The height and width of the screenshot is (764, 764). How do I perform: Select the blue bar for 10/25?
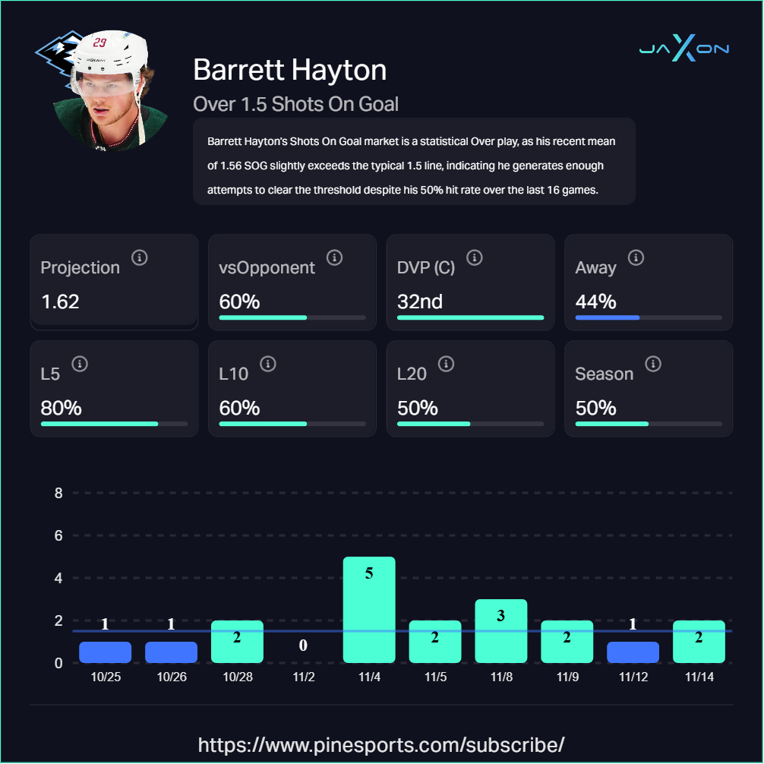click(x=105, y=652)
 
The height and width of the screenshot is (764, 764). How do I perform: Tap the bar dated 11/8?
click(x=500, y=630)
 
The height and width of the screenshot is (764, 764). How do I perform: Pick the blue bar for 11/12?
click(x=633, y=652)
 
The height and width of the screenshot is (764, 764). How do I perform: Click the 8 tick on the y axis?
click(x=58, y=493)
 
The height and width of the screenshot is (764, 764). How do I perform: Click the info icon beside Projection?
click(x=139, y=258)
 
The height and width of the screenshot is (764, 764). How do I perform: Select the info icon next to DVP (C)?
click(x=475, y=258)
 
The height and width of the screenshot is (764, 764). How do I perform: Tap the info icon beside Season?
click(x=652, y=365)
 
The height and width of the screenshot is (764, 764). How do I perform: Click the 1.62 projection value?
click(x=60, y=301)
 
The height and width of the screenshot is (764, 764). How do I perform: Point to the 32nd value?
click(x=419, y=301)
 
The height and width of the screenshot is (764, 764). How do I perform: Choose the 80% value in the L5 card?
click(x=61, y=408)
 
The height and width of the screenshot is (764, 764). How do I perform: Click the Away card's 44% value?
click(x=595, y=301)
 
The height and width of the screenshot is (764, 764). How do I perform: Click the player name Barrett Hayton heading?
click(x=289, y=70)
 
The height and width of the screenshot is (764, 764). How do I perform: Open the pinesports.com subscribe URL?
click(x=381, y=743)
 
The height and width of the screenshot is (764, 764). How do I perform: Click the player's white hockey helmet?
click(x=106, y=53)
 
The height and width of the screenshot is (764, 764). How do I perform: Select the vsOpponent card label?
click(x=267, y=267)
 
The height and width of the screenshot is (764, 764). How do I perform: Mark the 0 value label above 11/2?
click(x=303, y=646)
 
